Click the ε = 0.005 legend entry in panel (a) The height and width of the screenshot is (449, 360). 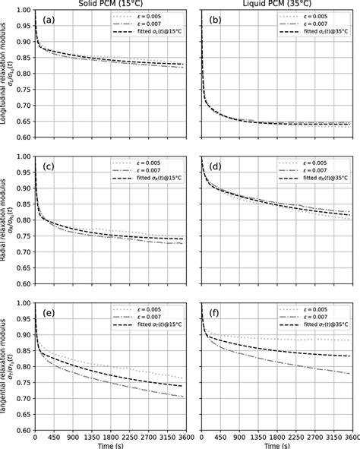[x=156, y=15]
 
